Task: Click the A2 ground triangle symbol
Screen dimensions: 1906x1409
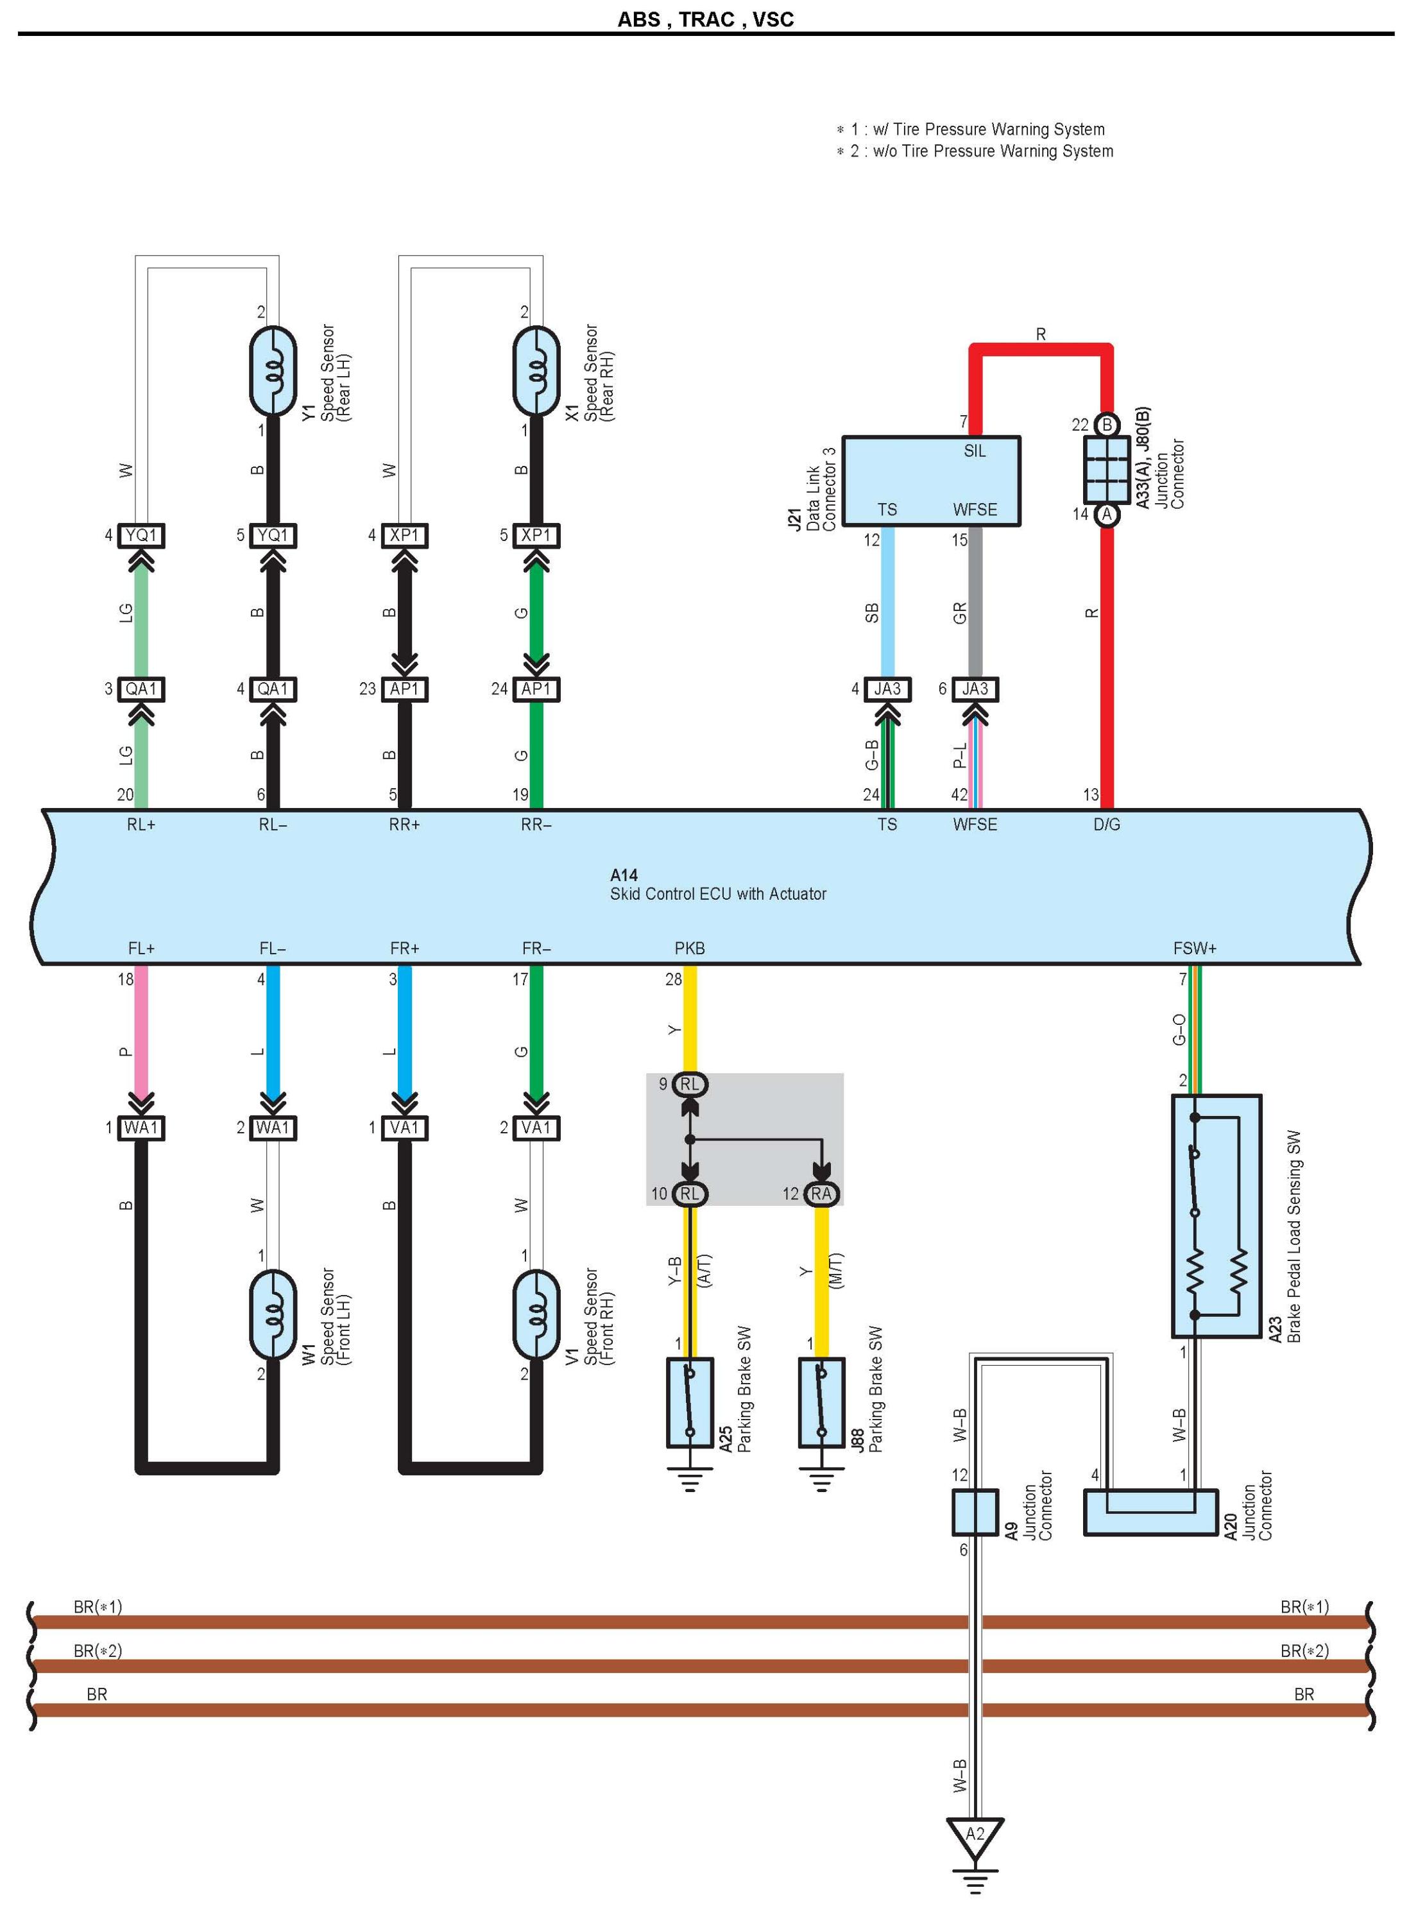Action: [x=975, y=1835]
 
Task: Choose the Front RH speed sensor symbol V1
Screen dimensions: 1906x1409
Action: [x=536, y=1315]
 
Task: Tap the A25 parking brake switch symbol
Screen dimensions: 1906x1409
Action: [x=689, y=1403]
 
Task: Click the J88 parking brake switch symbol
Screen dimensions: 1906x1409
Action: [x=821, y=1403]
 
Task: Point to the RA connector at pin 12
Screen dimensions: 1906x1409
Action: [x=821, y=1194]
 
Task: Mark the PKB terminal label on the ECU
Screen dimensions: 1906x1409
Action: [x=689, y=948]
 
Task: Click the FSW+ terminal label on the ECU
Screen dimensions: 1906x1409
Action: [x=1194, y=948]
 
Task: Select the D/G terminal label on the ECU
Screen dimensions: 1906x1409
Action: [x=1106, y=824]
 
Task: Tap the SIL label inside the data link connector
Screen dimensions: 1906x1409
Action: [x=974, y=451]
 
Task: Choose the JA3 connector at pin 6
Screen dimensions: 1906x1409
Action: [x=975, y=689]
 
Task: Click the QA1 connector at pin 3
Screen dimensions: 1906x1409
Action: [x=141, y=689]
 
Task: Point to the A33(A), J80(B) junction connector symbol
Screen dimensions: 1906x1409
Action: [x=1106, y=469]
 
